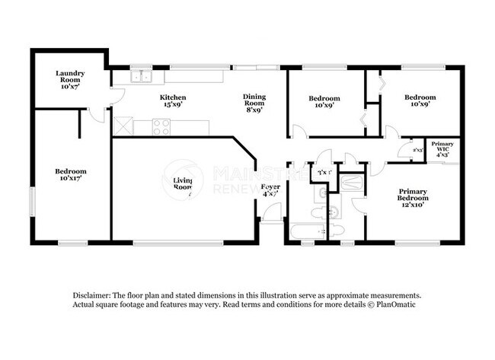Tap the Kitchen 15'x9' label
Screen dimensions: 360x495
(x=173, y=102)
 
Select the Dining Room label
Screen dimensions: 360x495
(x=254, y=101)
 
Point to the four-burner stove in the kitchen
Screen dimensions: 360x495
(x=161, y=128)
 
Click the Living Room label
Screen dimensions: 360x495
(x=182, y=185)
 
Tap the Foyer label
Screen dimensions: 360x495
(x=270, y=190)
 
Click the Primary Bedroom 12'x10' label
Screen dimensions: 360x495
(x=413, y=199)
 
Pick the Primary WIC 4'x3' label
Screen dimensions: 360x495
(x=442, y=149)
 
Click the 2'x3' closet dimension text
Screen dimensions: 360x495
(x=417, y=150)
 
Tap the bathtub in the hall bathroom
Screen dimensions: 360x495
(x=306, y=231)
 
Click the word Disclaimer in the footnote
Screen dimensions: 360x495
(x=91, y=295)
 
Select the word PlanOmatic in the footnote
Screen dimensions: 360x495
(x=394, y=304)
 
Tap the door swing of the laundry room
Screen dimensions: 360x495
(x=115, y=95)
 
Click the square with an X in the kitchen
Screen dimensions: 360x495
(x=123, y=126)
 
